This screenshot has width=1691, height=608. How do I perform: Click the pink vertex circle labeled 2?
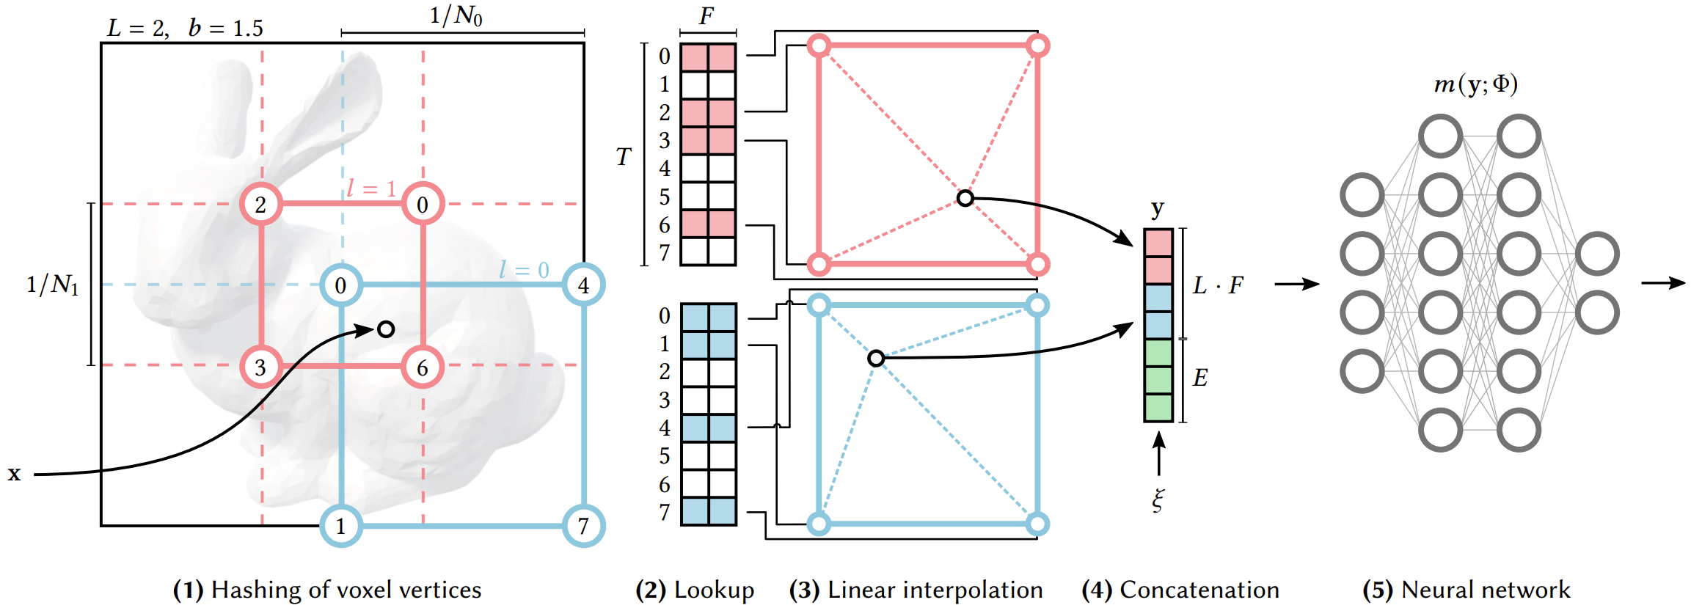click(261, 204)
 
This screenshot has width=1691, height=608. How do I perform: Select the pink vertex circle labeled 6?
click(423, 367)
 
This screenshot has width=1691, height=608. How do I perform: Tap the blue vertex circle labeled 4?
click(584, 285)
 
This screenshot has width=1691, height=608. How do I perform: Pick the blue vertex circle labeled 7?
click(584, 526)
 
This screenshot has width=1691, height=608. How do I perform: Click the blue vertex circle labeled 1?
click(341, 526)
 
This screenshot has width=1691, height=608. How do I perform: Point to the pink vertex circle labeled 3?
click(261, 367)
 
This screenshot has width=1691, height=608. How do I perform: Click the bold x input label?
click(14, 474)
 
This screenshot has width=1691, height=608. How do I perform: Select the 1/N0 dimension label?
click(456, 15)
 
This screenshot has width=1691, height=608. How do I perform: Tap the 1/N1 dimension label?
click(52, 285)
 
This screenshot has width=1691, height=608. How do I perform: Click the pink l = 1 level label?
click(371, 188)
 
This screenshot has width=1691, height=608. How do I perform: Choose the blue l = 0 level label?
click(524, 270)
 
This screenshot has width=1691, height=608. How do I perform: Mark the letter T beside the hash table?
click(623, 156)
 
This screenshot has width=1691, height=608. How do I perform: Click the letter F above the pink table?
click(706, 16)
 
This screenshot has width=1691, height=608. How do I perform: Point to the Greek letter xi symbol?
click(1158, 500)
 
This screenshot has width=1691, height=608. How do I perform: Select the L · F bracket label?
click(1218, 285)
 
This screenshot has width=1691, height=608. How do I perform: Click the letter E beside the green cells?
click(1200, 378)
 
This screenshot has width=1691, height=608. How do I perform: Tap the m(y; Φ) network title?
click(1476, 84)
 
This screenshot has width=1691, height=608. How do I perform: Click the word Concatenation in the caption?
click(1199, 590)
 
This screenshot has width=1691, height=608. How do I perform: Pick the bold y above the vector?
click(1158, 208)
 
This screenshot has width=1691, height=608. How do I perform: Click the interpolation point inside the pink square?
click(965, 198)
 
